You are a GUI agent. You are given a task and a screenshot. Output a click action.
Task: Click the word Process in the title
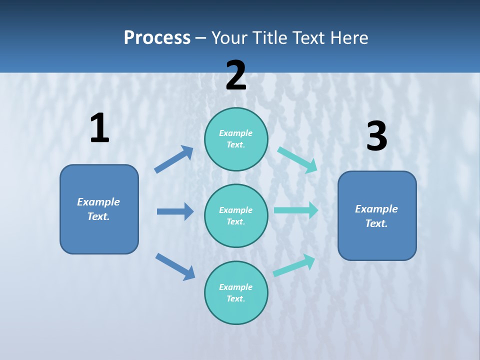(x=157, y=38)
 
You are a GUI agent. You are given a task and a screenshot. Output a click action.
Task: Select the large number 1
(x=99, y=128)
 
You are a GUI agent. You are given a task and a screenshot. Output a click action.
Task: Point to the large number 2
(x=236, y=75)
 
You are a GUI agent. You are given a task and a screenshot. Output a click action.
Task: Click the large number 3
(x=376, y=136)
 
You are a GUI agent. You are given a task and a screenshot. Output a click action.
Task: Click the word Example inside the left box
(x=98, y=202)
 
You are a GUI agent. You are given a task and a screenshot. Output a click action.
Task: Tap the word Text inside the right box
(x=376, y=223)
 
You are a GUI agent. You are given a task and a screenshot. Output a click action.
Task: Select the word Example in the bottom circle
(x=236, y=287)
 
